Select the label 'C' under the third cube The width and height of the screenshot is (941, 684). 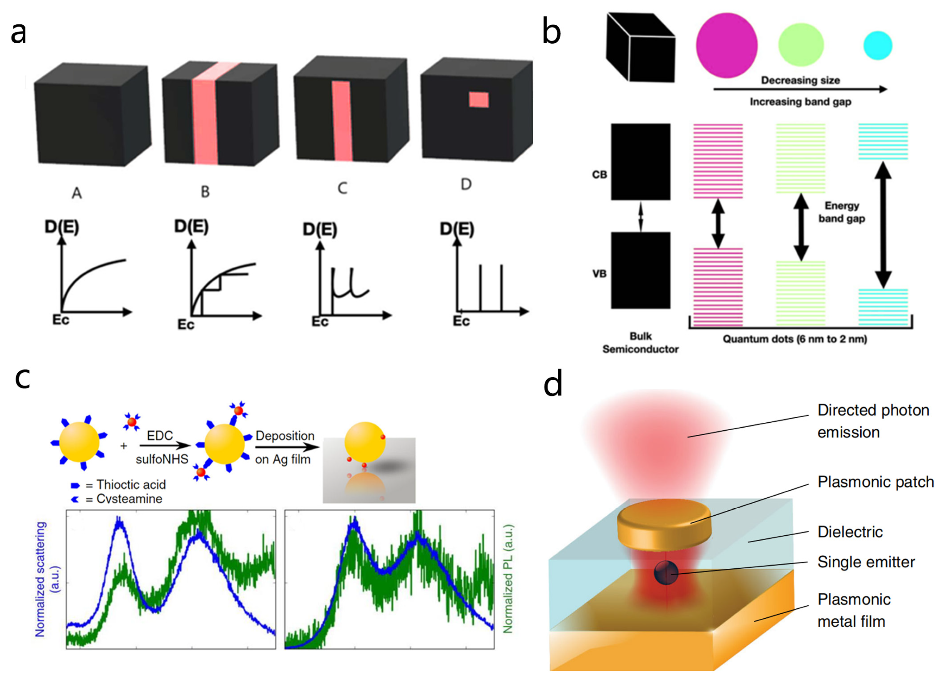342,188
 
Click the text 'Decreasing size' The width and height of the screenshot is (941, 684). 800,80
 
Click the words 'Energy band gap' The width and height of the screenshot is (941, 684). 842,212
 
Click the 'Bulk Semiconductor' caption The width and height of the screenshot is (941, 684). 640,343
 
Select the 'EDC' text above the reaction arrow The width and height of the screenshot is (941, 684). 160,436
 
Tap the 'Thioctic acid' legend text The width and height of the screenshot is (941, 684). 131,484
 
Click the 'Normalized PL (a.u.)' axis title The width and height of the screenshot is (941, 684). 508,579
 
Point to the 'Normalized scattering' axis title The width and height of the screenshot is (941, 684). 40,579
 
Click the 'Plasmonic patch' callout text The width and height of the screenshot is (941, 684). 875,482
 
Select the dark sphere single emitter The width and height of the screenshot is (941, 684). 665,573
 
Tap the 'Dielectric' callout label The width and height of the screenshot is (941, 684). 850,532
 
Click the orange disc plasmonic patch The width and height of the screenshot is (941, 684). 664,524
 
